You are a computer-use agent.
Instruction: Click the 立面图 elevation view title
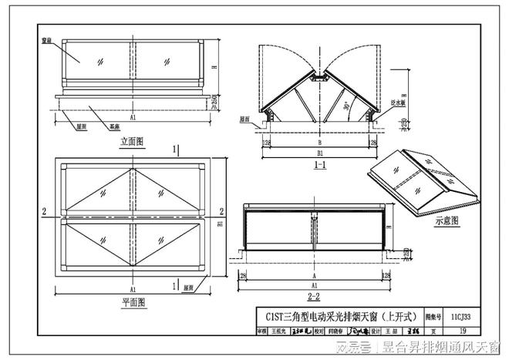click(132, 142)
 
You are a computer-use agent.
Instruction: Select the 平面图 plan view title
click(133, 303)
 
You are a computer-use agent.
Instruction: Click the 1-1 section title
click(318, 165)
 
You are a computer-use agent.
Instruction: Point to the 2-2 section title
click(313, 295)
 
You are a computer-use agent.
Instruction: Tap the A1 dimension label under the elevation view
click(133, 117)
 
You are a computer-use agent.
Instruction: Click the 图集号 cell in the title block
click(433, 316)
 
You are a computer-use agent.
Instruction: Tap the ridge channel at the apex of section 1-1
click(318, 78)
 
